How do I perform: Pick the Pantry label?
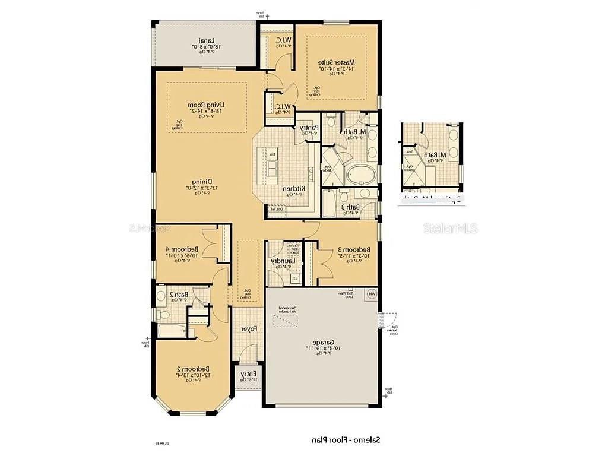pyautogui.click(x=309, y=127)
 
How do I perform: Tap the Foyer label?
pyautogui.click(x=249, y=329)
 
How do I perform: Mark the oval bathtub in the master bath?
pyautogui.click(x=360, y=176)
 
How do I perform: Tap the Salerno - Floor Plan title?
pyautogui.click(x=347, y=440)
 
